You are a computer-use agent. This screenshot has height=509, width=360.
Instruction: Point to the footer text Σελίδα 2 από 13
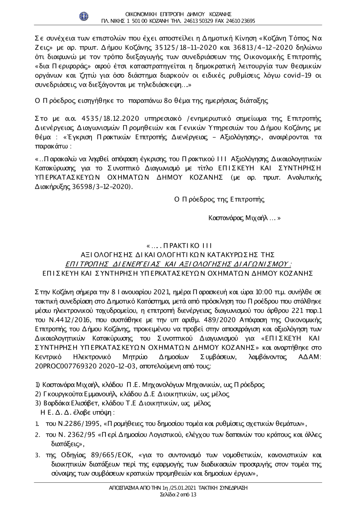coord(178,494)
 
